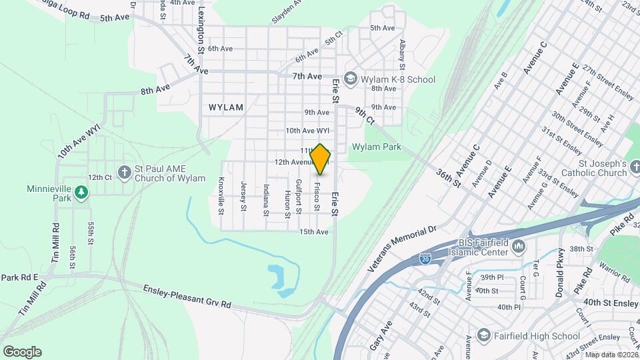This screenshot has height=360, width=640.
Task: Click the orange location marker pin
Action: (321, 159)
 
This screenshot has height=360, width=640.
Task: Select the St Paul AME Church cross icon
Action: (124, 172)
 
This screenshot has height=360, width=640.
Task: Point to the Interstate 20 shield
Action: (425, 257)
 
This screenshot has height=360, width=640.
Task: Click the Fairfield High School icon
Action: (485, 335)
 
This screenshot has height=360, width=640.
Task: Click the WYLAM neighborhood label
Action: (226, 107)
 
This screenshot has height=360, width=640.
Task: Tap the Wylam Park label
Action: (377, 147)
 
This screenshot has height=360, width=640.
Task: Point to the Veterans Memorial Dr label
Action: (401, 247)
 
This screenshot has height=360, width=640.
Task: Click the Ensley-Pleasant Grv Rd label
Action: (187, 296)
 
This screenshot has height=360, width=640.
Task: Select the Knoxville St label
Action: (221, 196)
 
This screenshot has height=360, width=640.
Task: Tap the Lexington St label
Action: (199, 31)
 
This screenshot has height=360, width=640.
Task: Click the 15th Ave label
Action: (314, 232)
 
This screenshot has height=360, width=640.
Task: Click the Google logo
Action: (22, 351)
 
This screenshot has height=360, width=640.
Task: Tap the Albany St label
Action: (402, 54)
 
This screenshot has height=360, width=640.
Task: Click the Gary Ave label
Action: (385, 331)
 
